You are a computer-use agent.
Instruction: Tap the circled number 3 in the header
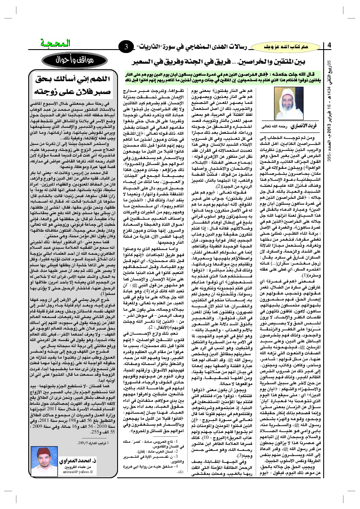(127, 46)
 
